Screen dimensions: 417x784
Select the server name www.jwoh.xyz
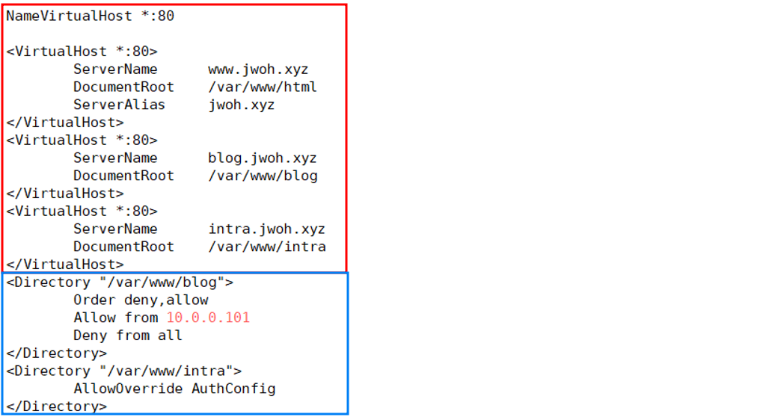click(x=258, y=69)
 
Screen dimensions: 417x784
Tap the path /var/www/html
click(x=263, y=87)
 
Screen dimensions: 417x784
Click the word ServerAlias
click(x=119, y=105)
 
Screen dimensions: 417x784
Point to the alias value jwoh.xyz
click(x=242, y=105)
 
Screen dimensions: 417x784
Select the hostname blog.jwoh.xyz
click(x=263, y=158)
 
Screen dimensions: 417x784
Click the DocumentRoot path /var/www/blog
click(x=263, y=176)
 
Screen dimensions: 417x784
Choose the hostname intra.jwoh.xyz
click(x=267, y=229)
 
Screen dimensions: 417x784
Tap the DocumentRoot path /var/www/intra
click(x=267, y=247)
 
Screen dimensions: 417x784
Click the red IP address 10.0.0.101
click(x=208, y=318)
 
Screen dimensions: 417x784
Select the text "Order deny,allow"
click(x=141, y=300)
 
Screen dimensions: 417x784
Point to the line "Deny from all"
click(x=128, y=336)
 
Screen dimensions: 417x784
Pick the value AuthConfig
click(x=233, y=389)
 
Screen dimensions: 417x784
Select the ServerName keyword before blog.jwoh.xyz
click(x=115, y=158)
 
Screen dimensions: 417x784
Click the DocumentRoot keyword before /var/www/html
click(x=123, y=87)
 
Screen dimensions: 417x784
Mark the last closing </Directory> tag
click(x=57, y=407)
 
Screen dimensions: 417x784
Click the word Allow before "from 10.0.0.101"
click(x=94, y=318)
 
